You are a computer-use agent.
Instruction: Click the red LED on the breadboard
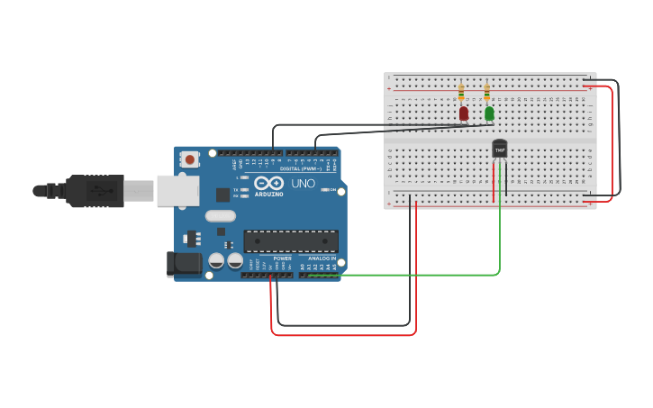(464, 113)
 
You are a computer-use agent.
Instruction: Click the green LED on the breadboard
(489, 113)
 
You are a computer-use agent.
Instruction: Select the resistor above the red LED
(461, 92)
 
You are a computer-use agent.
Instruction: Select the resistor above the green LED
(487, 92)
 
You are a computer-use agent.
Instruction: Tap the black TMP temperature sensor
(499, 149)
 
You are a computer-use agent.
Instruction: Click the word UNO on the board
(304, 184)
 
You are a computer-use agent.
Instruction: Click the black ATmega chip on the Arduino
(291, 241)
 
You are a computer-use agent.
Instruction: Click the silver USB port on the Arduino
(177, 190)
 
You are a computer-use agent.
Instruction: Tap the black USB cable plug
(95, 191)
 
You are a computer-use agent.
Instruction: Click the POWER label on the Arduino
(282, 258)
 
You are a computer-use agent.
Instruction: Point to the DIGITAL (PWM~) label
(300, 168)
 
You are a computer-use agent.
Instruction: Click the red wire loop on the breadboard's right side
(612, 144)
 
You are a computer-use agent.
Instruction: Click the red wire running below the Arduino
(342, 334)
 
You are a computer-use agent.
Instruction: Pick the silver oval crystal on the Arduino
(220, 215)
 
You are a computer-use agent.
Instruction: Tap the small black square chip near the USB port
(222, 194)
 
